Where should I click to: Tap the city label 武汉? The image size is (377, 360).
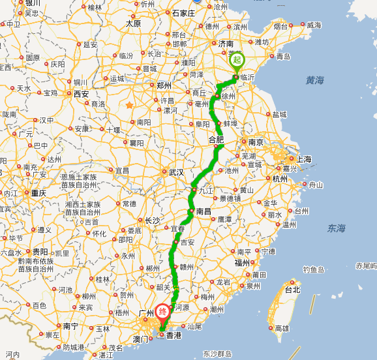coord(176,172)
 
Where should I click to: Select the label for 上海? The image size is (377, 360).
coord(303,158)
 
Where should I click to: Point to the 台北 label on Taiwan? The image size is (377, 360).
coord(292,289)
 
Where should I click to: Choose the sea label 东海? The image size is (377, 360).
coord(337,228)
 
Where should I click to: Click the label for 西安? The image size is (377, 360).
coord(81,94)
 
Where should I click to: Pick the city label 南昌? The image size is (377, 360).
coord(204,211)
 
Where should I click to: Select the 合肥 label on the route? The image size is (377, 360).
coord(215,139)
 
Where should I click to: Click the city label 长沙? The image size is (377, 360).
coord(152,220)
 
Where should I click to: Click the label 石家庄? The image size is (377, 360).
coord(183,13)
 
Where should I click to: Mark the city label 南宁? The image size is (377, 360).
coord(70,325)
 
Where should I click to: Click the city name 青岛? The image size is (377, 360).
coord(283,57)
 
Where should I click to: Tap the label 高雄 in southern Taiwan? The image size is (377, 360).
coord(282,328)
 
